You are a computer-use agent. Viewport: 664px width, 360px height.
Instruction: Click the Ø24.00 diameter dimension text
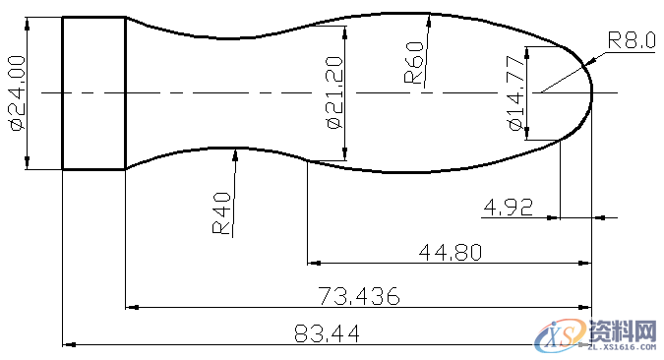coord(16,93)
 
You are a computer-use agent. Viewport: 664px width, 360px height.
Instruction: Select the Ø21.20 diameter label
coord(333,93)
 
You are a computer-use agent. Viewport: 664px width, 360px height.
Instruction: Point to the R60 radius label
coord(414,63)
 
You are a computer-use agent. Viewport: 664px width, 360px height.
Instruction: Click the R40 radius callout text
coord(222,213)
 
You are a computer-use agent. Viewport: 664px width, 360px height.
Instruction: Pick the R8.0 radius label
coord(631,40)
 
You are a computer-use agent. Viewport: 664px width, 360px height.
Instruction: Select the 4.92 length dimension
coord(508,207)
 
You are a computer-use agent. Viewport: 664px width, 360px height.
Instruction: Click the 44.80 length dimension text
coord(450,252)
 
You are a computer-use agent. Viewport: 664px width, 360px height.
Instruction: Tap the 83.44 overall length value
coord(327,334)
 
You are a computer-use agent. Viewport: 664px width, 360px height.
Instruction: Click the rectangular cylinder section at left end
coord(94,93)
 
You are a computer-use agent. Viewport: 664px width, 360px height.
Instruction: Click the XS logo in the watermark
coord(559,336)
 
